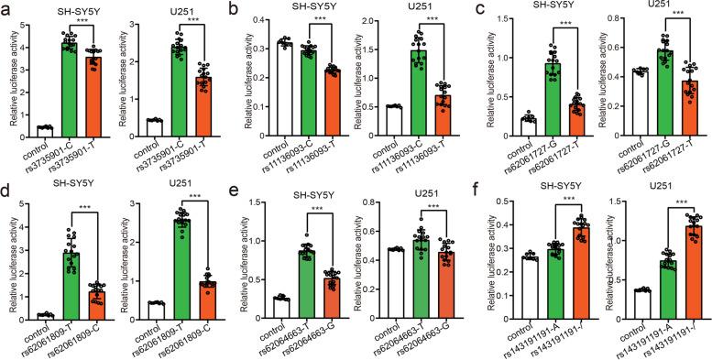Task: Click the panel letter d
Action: pyautogui.click(x=7, y=193)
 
